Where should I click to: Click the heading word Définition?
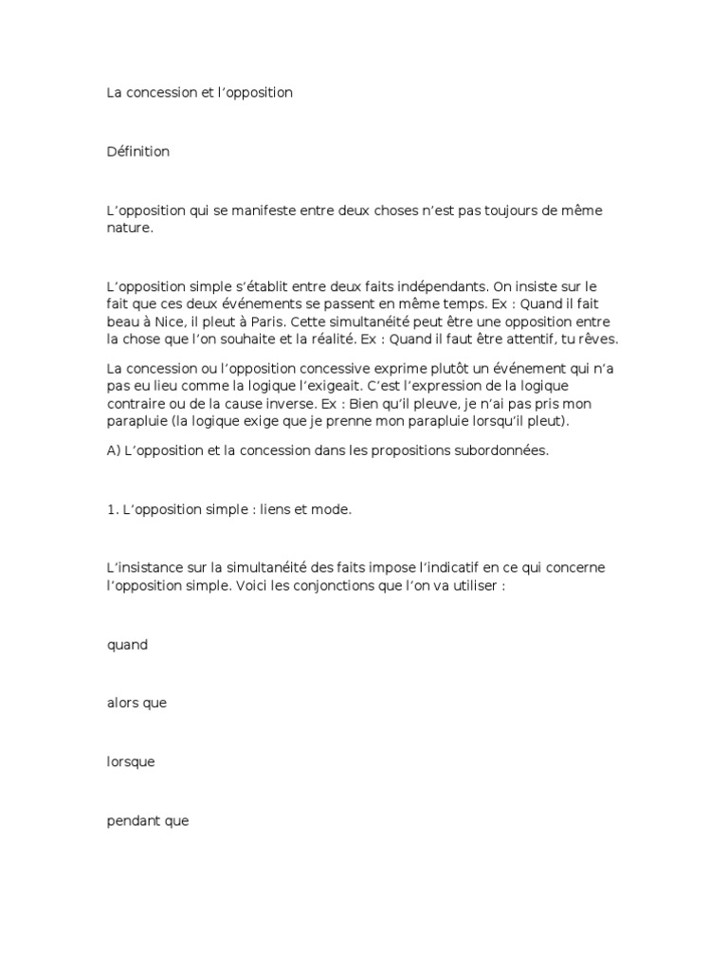(x=138, y=152)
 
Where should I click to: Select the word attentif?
(x=519, y=339)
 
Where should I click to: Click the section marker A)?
(x=114, y=451)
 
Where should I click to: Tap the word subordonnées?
(x=502, y=451)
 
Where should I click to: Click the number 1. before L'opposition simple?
(x=112, y=510)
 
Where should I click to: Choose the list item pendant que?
(x=148, y=821)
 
